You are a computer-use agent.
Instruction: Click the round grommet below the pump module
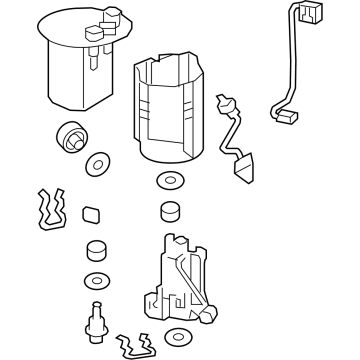(71, 136)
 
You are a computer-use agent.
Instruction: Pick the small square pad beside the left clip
(91, 213)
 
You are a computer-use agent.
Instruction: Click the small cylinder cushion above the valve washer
(95, 250)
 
